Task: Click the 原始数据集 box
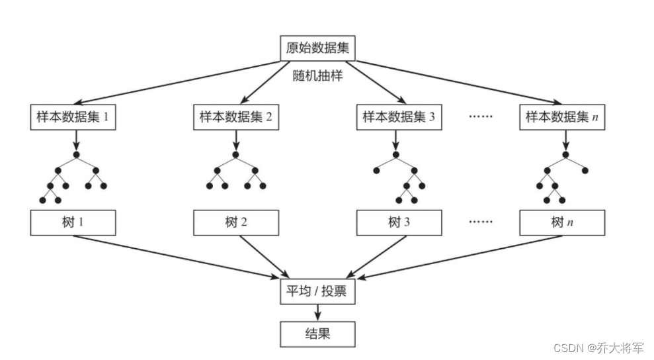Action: click(x=317, y=48)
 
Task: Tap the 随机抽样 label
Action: click(x=317, y=75)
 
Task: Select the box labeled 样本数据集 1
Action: click(x=73, y=117)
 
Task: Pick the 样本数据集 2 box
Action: click(x=236, y=117)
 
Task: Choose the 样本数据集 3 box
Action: click(x=399, y=117)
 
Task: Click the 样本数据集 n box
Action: click(x=562, y=117)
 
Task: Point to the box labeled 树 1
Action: click(x=73, y=222)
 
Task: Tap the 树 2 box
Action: click(x=236, y=222)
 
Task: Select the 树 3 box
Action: click(x=399, y=222)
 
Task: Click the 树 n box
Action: click(x=562, y=222)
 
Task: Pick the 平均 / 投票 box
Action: click(x=317, y=291)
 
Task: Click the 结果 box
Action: click(x=317, y=334)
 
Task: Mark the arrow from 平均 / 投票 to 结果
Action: click(x=317, y=313)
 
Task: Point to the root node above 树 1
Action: click(x=76, y=155)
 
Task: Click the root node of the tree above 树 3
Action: click(x=396, y=155)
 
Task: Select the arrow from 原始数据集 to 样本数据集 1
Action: click(x=177, y=82)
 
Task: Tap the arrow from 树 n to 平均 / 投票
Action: click(x=460, y=257)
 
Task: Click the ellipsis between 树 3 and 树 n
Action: click(x=481, y=222)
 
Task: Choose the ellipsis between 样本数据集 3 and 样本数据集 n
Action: click(x=481, y=116)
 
